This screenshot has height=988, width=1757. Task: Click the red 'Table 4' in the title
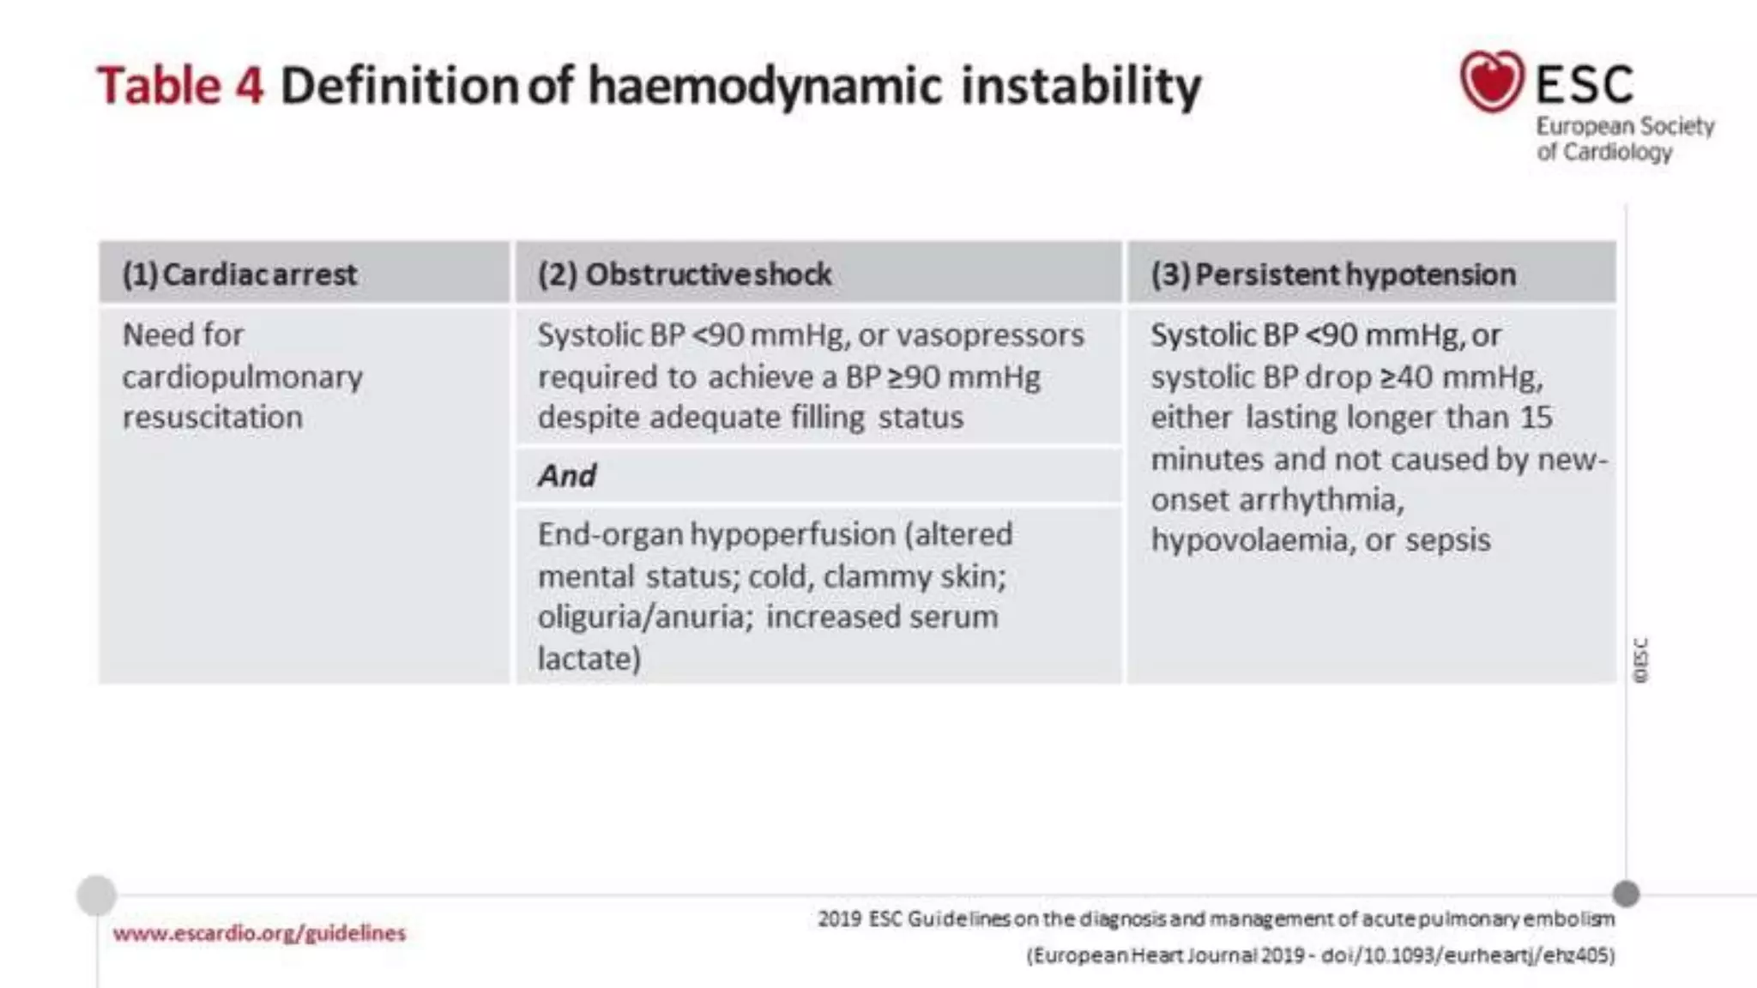pos(180,86)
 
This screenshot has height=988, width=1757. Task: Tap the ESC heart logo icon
pos(1492,81)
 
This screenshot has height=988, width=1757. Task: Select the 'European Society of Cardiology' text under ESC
pos(1624,139)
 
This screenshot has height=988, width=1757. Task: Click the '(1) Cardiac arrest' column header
pos(239,274)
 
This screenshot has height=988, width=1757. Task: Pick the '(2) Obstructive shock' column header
pos(684,274)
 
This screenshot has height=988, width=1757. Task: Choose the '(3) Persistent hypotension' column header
pos(1332,274)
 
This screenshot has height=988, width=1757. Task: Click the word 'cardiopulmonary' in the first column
pos(242,377)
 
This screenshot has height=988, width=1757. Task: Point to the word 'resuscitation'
pos(212,418)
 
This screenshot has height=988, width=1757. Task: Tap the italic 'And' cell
pos(566,475)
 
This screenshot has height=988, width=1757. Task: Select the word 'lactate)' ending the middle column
pos(589,659)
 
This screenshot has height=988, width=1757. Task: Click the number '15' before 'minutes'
pos(1536,418)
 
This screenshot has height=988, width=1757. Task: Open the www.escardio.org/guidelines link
pos(259,933)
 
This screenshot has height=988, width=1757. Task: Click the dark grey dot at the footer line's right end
pos(1626,894)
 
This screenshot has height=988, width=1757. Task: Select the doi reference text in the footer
pos(1467,955)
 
